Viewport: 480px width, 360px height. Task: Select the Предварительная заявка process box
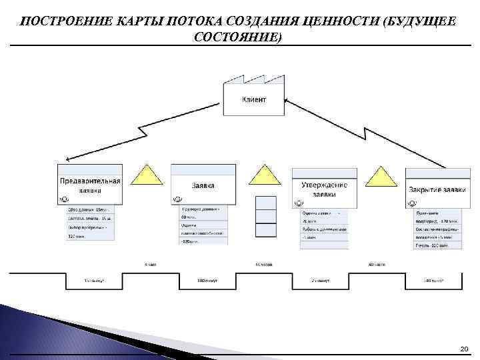tap(91, 185)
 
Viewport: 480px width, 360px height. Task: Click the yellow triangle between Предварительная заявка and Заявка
tap(147, 175)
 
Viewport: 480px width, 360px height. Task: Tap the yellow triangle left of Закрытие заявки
tap(382, 177)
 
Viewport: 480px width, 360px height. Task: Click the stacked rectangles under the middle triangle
tap(266, 216)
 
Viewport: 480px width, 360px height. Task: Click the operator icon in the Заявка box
tap(178, 199)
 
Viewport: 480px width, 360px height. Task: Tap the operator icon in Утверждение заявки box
tap(299, 202)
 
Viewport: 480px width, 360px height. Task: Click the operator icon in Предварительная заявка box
tap(65, 199)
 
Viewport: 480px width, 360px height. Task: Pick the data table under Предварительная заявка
tap(91, 223)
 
